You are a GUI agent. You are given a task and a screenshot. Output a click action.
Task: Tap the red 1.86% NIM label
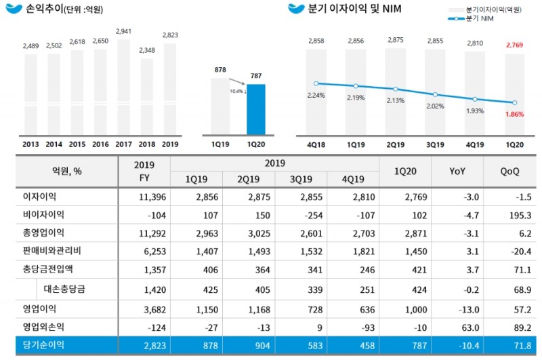point(515,115)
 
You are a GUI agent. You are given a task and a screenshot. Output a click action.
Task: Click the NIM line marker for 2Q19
point(396,89)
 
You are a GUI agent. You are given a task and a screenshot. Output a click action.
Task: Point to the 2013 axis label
point(30,144)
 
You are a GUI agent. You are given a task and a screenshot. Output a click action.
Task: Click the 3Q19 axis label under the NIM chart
point(436,144)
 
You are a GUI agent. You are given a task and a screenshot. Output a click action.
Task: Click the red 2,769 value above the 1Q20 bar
point(515,44)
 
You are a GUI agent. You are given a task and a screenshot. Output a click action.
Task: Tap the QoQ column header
point(510,172)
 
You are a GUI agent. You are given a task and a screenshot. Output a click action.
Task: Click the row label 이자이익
point(40,196)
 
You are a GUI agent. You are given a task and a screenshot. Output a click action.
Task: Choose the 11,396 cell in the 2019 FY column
point(144,196)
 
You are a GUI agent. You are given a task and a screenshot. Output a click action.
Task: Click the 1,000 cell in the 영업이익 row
point(405,308)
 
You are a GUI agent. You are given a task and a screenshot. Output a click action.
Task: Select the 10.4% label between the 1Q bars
point(237,90)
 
